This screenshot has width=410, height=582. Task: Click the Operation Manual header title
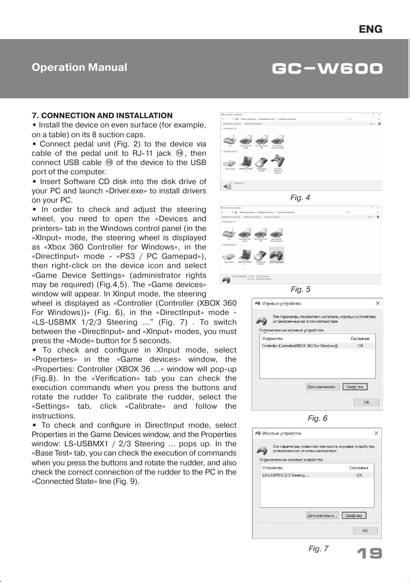(79, 67)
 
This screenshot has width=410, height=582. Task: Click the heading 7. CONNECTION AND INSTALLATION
(102, 116)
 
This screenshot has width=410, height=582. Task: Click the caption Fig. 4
(300, 198)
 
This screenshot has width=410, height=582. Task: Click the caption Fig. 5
(300, 289)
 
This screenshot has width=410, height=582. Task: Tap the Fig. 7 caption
(318, 548)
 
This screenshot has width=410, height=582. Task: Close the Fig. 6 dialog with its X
(376, 303)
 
